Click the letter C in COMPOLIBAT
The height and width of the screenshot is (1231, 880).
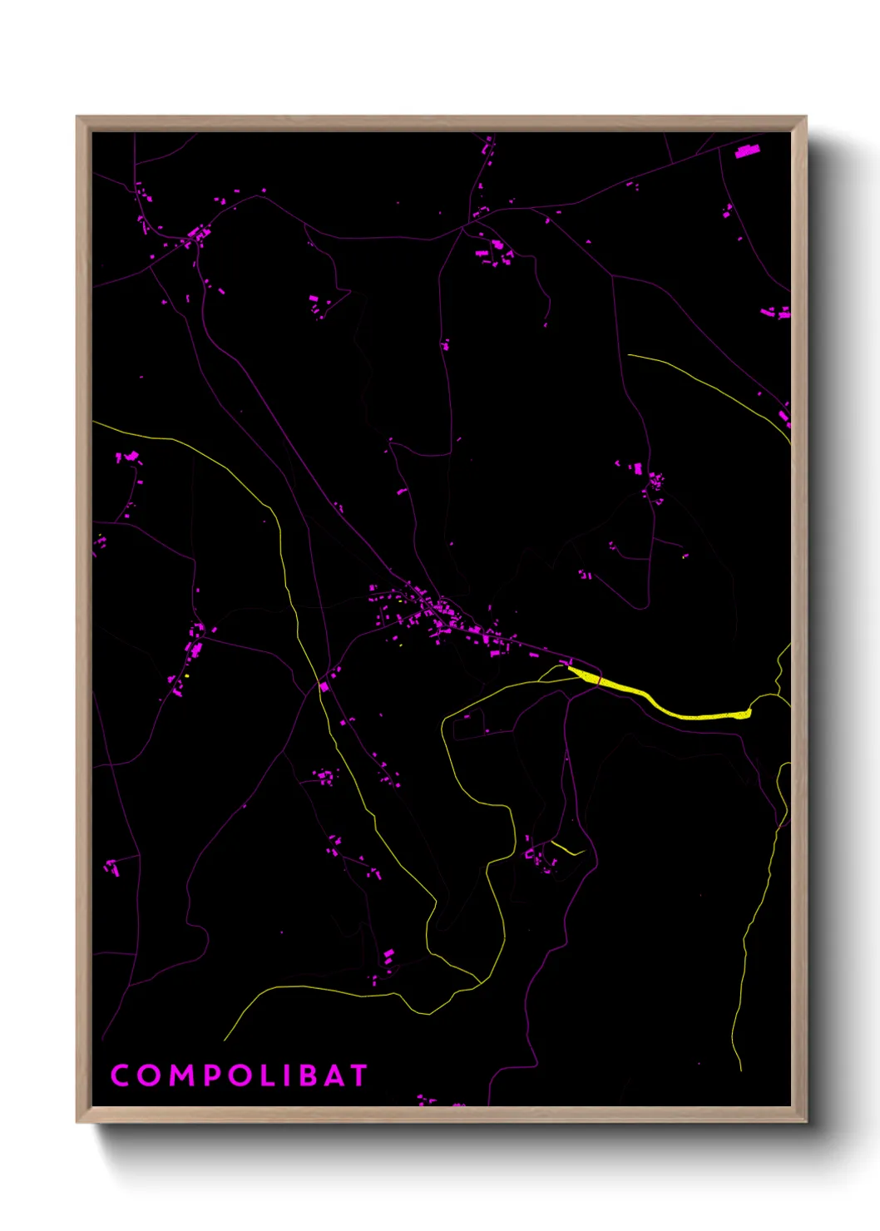click(x=121, y=1075)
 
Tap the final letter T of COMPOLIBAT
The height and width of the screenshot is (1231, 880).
click(x=358, y=1075)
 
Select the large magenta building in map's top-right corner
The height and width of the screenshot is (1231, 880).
click(x=747, y=151)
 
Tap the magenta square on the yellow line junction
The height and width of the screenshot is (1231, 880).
click(x=324, y=687)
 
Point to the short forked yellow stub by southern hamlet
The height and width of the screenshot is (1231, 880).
click(x=569, y=849)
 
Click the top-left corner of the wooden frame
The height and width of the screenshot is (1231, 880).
click(x=77, y=117)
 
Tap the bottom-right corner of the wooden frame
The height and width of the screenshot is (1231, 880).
click(x=805, y=1121)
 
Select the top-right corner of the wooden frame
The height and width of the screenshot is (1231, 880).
click(x=805, y=117)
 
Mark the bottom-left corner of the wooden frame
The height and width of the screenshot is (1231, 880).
click(x=77, y=1121)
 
